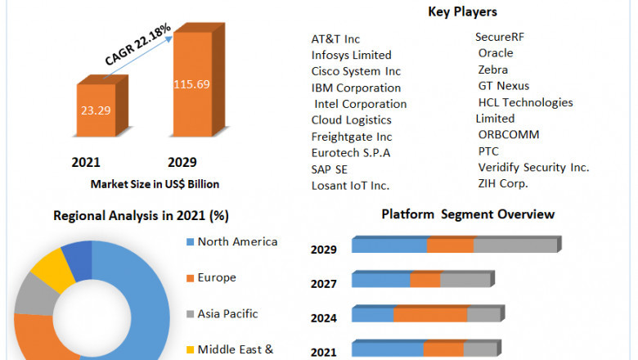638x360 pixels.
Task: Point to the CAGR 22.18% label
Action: (137, 46)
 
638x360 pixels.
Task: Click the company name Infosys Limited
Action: (351, 55)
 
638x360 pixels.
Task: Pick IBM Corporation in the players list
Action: (356, 88)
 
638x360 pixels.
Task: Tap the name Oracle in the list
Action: (496, 53)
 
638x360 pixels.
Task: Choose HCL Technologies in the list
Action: (525, 102)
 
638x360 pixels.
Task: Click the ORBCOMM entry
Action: (509, 134)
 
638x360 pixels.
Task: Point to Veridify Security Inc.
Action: (533, 167)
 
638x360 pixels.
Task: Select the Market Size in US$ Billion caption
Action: (155, 183)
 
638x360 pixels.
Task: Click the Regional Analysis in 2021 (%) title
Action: (141, 216)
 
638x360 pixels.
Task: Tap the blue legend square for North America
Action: (191, 242)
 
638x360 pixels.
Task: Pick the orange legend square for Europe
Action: (191, 278)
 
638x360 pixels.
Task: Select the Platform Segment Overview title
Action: (468, 214)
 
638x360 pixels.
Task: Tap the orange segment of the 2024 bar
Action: (430, 315)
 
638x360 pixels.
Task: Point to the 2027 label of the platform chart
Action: (323, 284)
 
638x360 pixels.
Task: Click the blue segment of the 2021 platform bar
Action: (387, 349)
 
